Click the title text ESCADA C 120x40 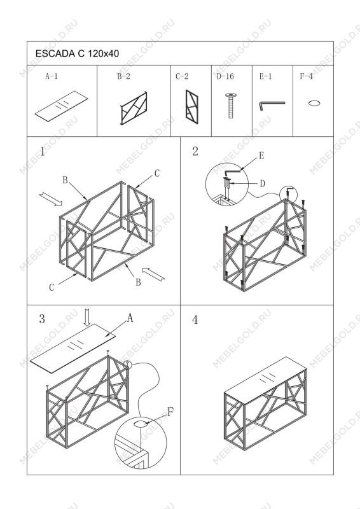pos(77,53)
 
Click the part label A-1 pos(52,76)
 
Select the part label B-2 pos(123,76)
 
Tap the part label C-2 pos(182,76)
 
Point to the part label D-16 pos(225,76)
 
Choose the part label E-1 pos(265,76)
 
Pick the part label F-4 pos(306,76)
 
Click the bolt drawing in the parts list pos(230,106)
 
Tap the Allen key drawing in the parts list pos(272,106)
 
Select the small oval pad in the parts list pos(314,103)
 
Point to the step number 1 pos(42,151)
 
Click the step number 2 pos(195,151)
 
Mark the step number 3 pos(42,319)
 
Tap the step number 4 pos(195,320)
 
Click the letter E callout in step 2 pos(261,156)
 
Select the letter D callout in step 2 pos(262,184)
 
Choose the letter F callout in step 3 pos(170,412)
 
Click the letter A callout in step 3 pos(130,318)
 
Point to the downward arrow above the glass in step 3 pos(87,317)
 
